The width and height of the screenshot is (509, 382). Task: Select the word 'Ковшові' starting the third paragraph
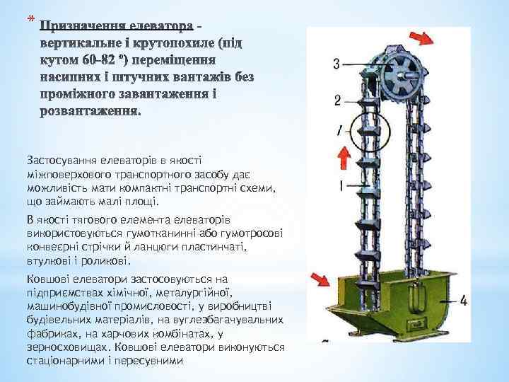click(46, 279)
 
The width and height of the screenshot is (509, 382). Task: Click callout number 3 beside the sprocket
click(337, 64)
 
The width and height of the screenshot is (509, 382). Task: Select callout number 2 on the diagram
click(338, 100)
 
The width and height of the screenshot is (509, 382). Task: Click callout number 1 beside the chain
click(341, 186)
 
